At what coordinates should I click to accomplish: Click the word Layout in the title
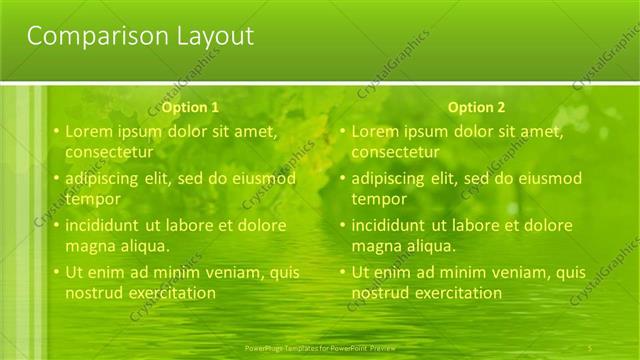tap(211, 37)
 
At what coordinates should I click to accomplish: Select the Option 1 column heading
tap(190, 107)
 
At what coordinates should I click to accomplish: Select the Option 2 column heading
tap(476, 107)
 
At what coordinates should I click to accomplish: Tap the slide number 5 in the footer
tap(591, 347)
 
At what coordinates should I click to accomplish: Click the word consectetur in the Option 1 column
tap(109, 152)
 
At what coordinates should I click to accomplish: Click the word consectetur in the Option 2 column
tap(395, 152)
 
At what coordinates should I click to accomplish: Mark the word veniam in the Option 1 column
tap(238, 272)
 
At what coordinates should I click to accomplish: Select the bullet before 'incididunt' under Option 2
tap(342, 226)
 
